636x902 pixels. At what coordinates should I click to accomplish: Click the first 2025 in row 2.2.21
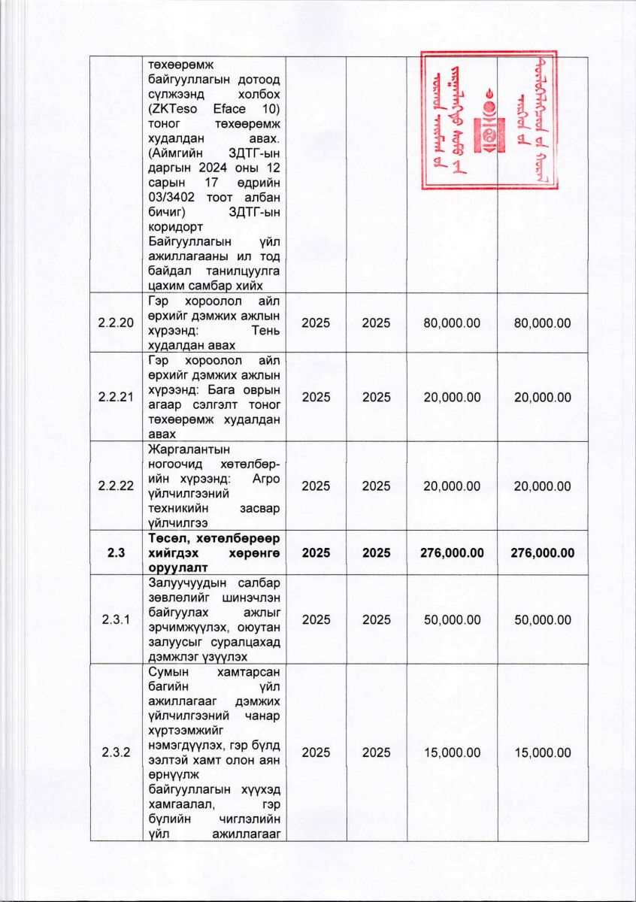[x=316, y=397]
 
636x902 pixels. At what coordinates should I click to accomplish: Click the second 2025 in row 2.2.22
[x=376, y=486]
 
